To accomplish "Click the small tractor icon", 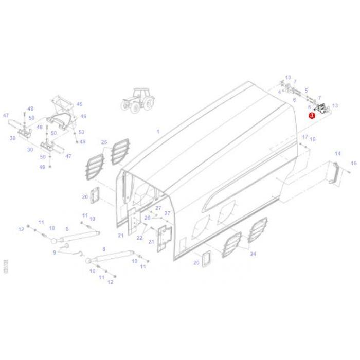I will point(137,99).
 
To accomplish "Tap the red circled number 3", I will point(312,116).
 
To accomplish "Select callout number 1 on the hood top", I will point(158,132).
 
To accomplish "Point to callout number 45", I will point(79,104).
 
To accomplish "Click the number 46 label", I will point(83,117).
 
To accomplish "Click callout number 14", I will point(338,153).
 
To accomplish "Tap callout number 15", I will point(353,163).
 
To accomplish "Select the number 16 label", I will point(313,139).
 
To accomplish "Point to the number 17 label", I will point(304,137).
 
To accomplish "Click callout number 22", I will point(139,238).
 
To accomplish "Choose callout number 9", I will point(55,252).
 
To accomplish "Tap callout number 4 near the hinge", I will point(279,92).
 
